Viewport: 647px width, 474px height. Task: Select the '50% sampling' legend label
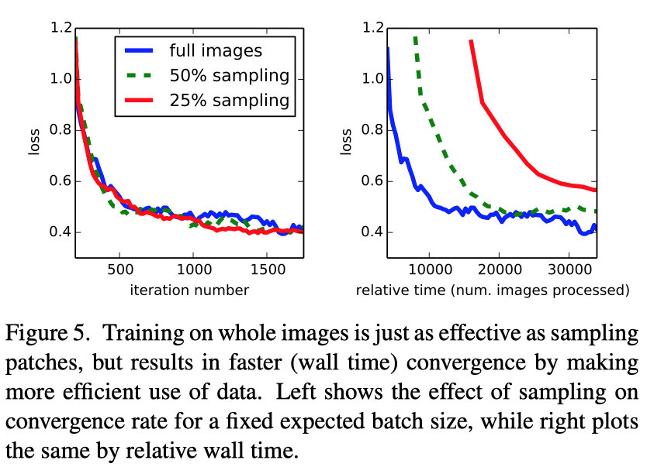pos(229,75)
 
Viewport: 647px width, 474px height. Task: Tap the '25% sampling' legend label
pos(229,100)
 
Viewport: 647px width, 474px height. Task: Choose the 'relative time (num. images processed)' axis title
pos(492,290)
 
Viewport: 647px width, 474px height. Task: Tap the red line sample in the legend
pos(140,100)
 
